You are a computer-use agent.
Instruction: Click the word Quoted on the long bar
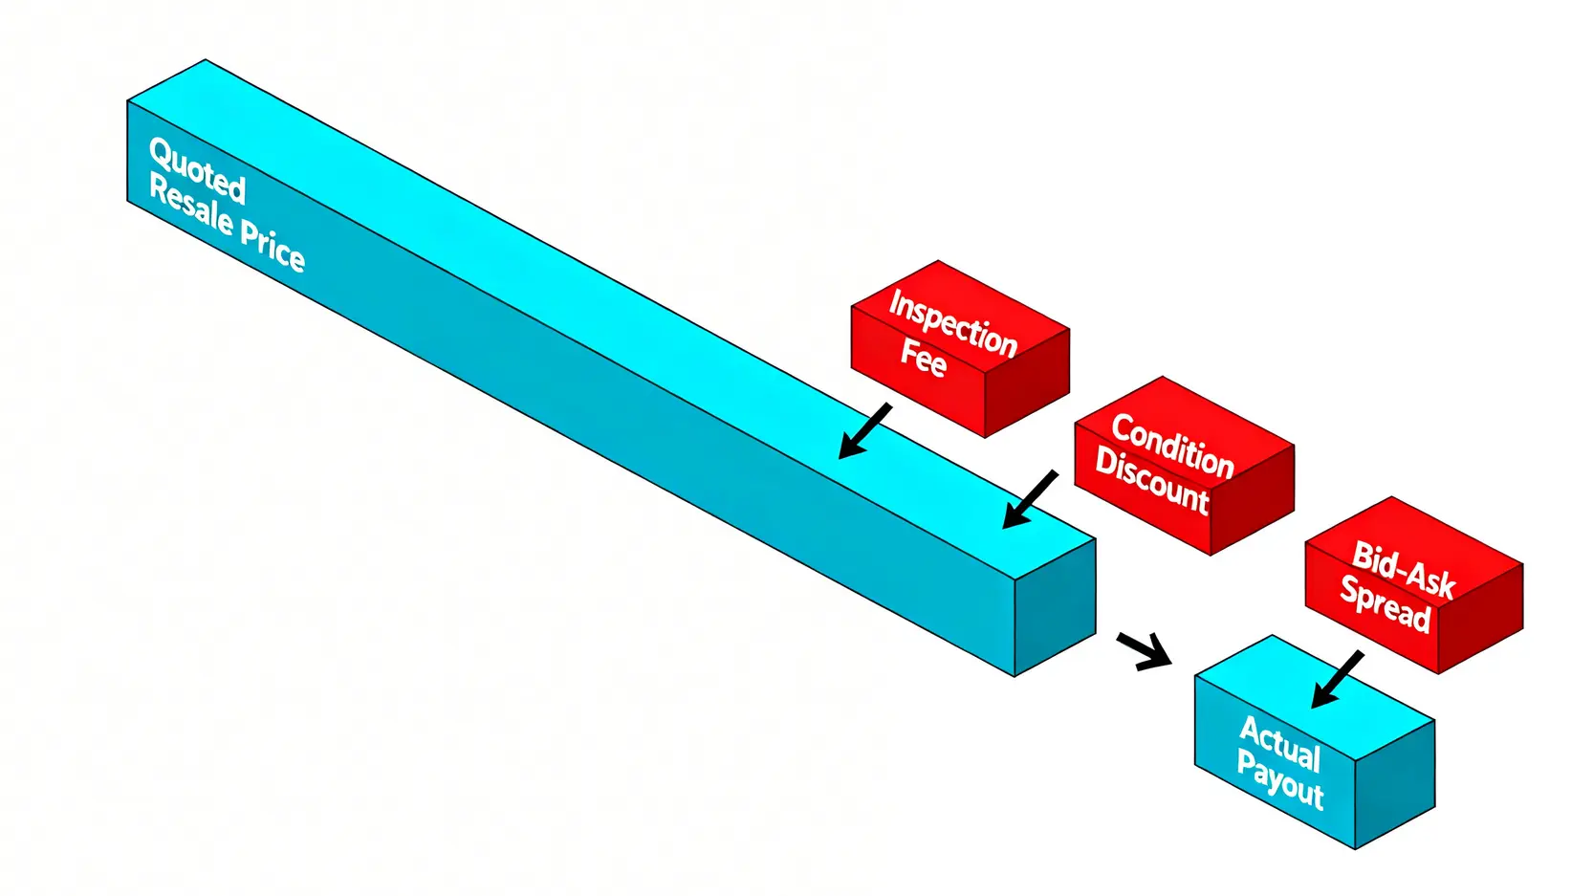[198, 172]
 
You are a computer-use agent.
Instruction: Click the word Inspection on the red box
[953, 323]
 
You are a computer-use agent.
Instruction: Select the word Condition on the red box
[1173, 446]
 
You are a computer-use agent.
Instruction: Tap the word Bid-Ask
[1404, 570]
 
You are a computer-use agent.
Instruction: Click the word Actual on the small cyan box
[1280, 743]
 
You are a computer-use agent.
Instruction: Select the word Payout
[1279, 778]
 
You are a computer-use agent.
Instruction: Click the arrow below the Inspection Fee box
[864, 431]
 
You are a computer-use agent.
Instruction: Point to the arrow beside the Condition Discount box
[1030, 499]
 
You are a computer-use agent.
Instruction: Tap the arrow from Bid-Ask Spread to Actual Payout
[1337, 680]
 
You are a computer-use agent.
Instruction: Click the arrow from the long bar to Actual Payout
[1144, 650]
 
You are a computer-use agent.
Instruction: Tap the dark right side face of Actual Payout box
[1395, 784]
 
